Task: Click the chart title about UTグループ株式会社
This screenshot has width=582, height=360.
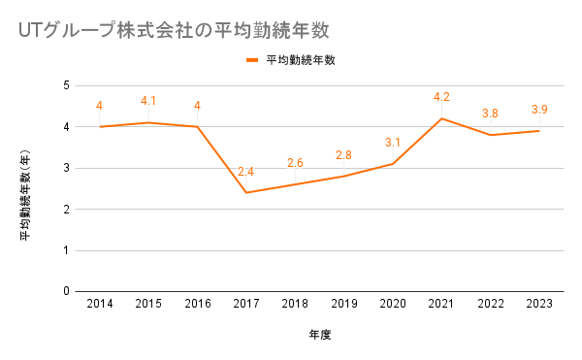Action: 174,30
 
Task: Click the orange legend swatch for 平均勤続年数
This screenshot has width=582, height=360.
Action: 252,60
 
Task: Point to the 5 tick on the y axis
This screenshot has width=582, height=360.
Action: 66,85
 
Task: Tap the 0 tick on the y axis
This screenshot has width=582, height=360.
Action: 66,291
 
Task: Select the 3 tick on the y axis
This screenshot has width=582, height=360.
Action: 66,168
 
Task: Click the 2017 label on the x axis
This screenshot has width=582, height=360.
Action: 246,304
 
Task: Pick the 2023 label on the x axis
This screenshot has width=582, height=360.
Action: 539,304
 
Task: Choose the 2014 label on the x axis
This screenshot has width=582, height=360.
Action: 100,304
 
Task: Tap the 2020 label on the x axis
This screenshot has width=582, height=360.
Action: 393,304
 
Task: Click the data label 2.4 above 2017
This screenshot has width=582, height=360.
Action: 245,172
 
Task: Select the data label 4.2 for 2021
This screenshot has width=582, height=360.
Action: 441,97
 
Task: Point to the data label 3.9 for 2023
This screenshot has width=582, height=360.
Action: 539,109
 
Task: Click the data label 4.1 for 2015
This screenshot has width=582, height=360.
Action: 148,101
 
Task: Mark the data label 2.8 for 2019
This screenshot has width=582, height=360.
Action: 343,154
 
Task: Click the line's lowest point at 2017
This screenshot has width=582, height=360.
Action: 246,193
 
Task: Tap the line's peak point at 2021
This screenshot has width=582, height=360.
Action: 441,118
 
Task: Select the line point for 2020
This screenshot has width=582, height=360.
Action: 393,164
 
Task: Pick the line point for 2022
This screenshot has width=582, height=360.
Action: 490,135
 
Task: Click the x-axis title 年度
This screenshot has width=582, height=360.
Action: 319,335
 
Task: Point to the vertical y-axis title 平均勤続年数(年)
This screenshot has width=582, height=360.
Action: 25,195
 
